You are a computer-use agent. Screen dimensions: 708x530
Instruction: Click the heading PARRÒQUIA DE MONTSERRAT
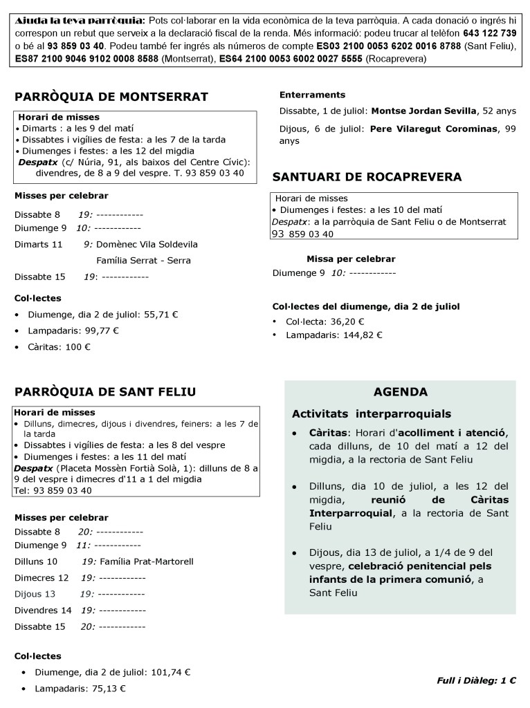[111, 97]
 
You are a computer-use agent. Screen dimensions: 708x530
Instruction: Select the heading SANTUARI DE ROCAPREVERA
[367, 177]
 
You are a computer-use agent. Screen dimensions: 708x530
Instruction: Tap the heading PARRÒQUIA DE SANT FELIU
[105, 392]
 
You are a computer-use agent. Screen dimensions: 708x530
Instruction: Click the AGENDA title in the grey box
[400, 392]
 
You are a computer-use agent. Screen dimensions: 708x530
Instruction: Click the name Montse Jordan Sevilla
[423, 111]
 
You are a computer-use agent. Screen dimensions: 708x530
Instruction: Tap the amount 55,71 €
[161, 314]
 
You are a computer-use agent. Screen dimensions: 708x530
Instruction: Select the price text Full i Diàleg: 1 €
[476, 680]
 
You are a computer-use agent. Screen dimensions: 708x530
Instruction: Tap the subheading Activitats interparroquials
[371, 414]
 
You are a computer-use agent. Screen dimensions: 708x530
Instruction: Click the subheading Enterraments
[312, 95]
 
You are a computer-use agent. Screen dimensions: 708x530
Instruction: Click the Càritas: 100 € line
[59, 347]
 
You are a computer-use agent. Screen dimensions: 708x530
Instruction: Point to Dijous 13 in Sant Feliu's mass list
[35, 594]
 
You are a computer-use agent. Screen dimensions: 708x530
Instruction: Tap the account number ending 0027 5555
[291, 59]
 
